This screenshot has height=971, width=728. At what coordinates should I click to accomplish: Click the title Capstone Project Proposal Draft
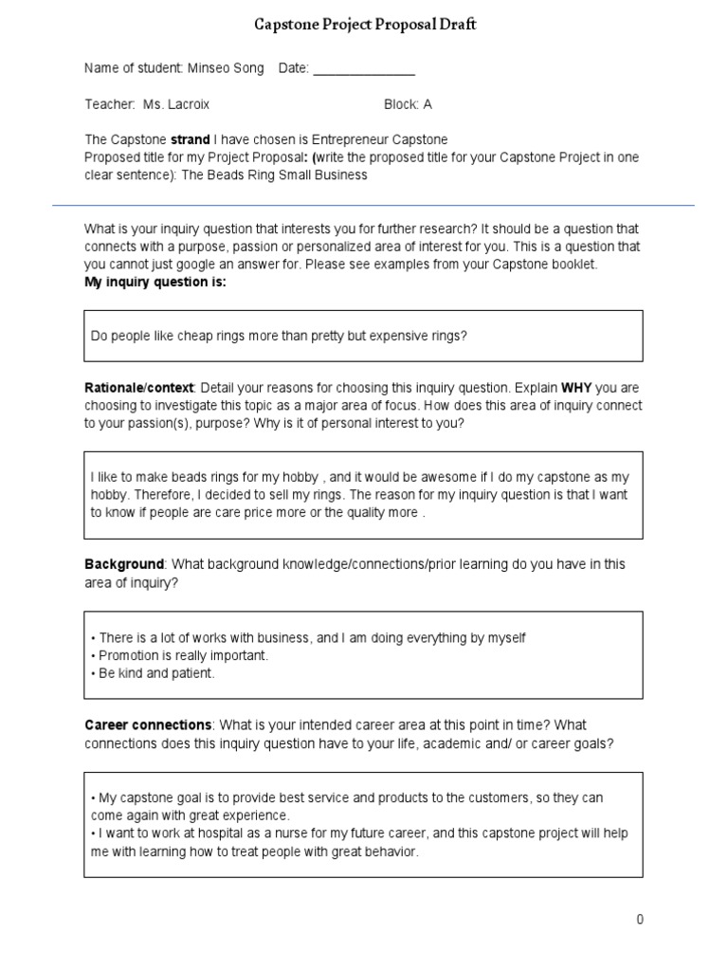(364, 25)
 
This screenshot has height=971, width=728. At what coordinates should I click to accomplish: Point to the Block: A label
(408, 104)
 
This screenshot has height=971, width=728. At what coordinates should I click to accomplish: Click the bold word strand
(190, 139)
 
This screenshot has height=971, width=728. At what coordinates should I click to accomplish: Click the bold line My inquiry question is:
(155, 283)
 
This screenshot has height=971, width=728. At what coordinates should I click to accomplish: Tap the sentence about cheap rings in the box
(279, 336)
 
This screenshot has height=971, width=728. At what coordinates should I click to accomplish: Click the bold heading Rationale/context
(139, 389)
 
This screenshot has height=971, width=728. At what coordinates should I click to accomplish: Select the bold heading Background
(124, 564)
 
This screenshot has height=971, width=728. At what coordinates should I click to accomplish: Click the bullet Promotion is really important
(183, 655)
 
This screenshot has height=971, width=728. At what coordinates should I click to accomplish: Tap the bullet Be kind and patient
(155, 673)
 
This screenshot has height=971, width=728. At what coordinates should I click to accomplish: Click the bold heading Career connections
(148, 725)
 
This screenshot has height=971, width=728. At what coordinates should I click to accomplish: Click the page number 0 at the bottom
(640, 920)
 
